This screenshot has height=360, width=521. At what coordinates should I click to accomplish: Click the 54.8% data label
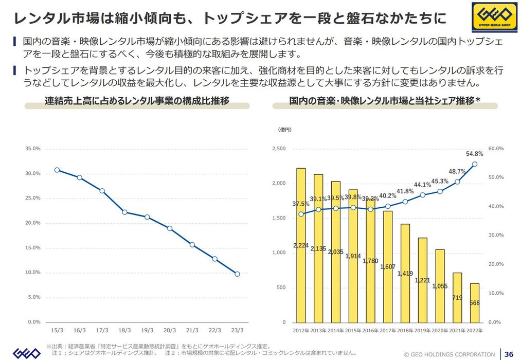(x=474, y=153)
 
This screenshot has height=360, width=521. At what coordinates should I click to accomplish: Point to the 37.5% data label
(x=301, y=204)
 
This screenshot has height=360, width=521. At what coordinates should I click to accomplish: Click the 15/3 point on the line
(x=57, y=170)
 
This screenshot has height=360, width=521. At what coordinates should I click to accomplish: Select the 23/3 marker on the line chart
(x=237, y=274)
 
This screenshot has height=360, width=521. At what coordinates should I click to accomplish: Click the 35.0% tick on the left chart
(x=33, y=149)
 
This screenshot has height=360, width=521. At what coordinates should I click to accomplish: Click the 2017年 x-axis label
(x=388, y=330)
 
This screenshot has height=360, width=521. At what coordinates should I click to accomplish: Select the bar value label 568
(x=474, y=303)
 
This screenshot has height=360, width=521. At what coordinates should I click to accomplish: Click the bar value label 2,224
(x=301, y=245)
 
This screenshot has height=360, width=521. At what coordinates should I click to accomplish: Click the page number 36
(x=509, y=354)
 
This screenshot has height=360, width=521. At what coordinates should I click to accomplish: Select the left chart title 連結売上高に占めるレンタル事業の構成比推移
(x=137, y=100)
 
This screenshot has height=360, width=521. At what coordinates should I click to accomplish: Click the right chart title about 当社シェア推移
(x=385, y=100)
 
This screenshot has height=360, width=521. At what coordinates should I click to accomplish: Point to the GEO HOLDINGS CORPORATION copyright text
(x=450, y=354)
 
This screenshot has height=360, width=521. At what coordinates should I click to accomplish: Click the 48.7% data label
(x=457, y=171)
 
